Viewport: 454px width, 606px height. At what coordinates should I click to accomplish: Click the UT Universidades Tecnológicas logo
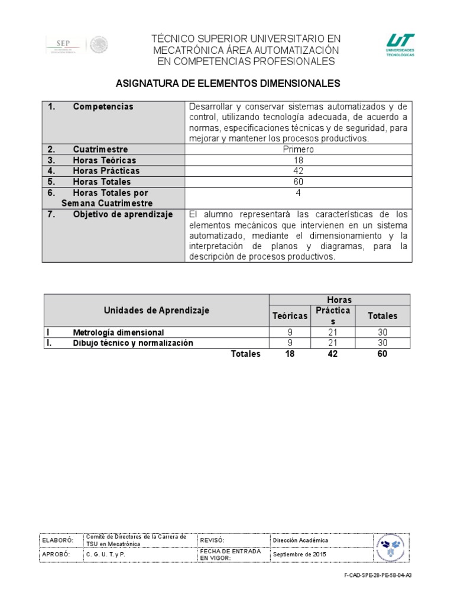(x=400, y=44)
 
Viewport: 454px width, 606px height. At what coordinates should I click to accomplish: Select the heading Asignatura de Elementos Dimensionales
(x=226, y=84)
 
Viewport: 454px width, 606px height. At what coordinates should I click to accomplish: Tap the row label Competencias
(x=103, y=107)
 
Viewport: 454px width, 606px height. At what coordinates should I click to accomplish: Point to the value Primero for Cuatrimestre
(x=299, y=149)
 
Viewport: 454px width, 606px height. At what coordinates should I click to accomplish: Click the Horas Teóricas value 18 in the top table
(x=299, y=160)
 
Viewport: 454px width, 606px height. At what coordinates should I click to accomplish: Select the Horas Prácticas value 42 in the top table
(x=299, y=171)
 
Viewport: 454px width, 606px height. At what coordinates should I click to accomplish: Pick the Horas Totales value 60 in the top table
(x=299, y=182)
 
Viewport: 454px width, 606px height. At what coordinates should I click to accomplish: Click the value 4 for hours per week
(x=299, y=193)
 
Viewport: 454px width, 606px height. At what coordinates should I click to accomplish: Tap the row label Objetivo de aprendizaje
(x=122, y=214)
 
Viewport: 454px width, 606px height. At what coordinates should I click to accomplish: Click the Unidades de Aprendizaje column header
(x=157, y=310)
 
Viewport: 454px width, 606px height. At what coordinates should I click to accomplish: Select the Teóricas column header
(x=290, y=316)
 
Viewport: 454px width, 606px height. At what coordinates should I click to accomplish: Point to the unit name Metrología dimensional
(x=118, y=333)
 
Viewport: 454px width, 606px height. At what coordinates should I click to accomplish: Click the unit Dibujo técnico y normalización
(x=132, y=343)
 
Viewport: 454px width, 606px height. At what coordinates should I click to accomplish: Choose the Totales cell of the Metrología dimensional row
(x=382, y=333)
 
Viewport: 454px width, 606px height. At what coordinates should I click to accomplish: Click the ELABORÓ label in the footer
(x=57, y=540)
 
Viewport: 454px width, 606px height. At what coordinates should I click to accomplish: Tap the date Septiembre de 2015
(x=299, y=555)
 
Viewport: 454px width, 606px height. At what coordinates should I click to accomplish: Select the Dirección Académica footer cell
(x=300, y=540)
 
